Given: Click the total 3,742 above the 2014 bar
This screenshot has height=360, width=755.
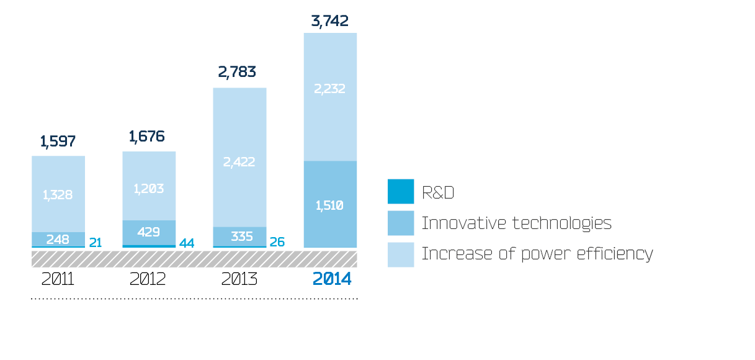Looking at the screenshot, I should click(329, 21).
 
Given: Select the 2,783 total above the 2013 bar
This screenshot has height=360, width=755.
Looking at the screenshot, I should click(237, 72).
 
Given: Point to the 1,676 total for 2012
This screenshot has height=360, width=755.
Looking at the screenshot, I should click(147, 136).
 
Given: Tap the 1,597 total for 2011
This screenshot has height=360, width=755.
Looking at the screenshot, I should click(58, 142).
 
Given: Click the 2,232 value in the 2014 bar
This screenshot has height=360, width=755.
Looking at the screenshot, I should click(329, 89).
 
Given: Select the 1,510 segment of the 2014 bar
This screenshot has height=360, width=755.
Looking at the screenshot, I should click(329, 205).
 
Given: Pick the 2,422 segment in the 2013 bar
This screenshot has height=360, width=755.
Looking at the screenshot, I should click(239, 162).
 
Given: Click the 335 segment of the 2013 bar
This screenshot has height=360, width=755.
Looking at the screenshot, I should click(239, 236).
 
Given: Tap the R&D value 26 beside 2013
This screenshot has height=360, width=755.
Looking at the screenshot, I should click(277, 242).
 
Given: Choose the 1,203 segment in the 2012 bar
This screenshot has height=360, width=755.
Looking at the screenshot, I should click(149, 189).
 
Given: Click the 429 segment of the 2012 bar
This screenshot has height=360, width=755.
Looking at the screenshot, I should click(149, 232).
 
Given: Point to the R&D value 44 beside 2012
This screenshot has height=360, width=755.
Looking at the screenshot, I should click(187, 243).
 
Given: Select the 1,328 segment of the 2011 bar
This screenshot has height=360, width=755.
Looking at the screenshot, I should click(58, 195).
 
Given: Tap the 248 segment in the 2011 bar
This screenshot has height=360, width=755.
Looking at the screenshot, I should click(58, 238).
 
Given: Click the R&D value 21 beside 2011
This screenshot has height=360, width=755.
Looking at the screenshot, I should click(95, 243).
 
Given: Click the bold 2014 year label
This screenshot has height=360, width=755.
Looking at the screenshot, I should click(332, 279).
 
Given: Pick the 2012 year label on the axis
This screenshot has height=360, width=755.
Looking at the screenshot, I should click(148, 279).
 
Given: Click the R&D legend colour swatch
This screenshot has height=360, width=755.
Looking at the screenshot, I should click(400, 192).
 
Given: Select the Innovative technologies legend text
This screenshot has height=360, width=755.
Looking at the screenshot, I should click(516, 223).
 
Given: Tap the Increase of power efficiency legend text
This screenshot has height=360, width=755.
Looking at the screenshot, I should click(537, 254).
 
